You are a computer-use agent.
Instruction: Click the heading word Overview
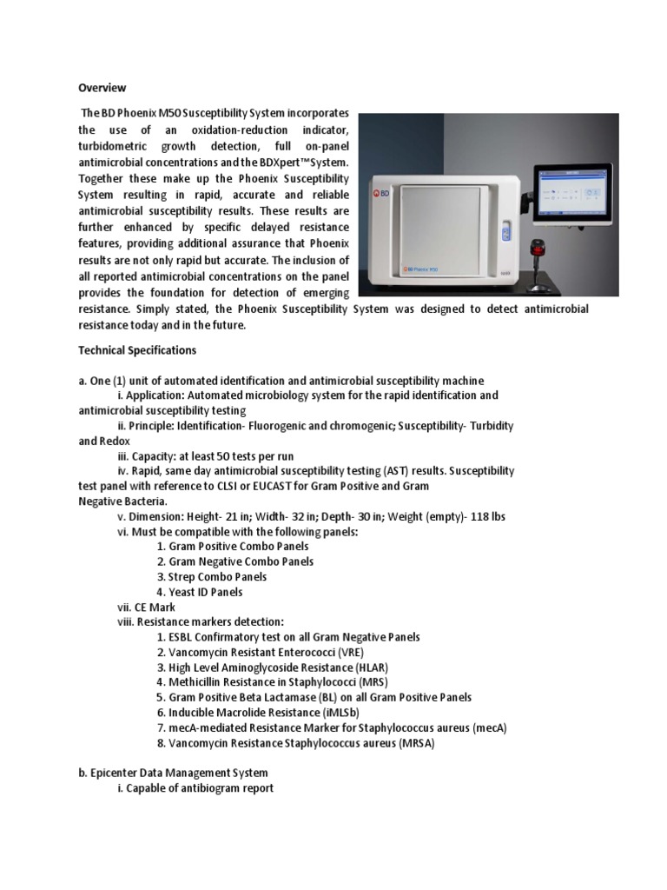[x=102, y=88]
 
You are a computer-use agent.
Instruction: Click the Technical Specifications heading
[x=137, y=350]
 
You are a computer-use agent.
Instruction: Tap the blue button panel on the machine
[x=507, y=236]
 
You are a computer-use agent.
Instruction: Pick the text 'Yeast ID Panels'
[x=200, y=592]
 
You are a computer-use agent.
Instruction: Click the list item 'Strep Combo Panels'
[x=208, y=576]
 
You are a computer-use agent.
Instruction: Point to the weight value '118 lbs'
[x=487, y=516]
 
